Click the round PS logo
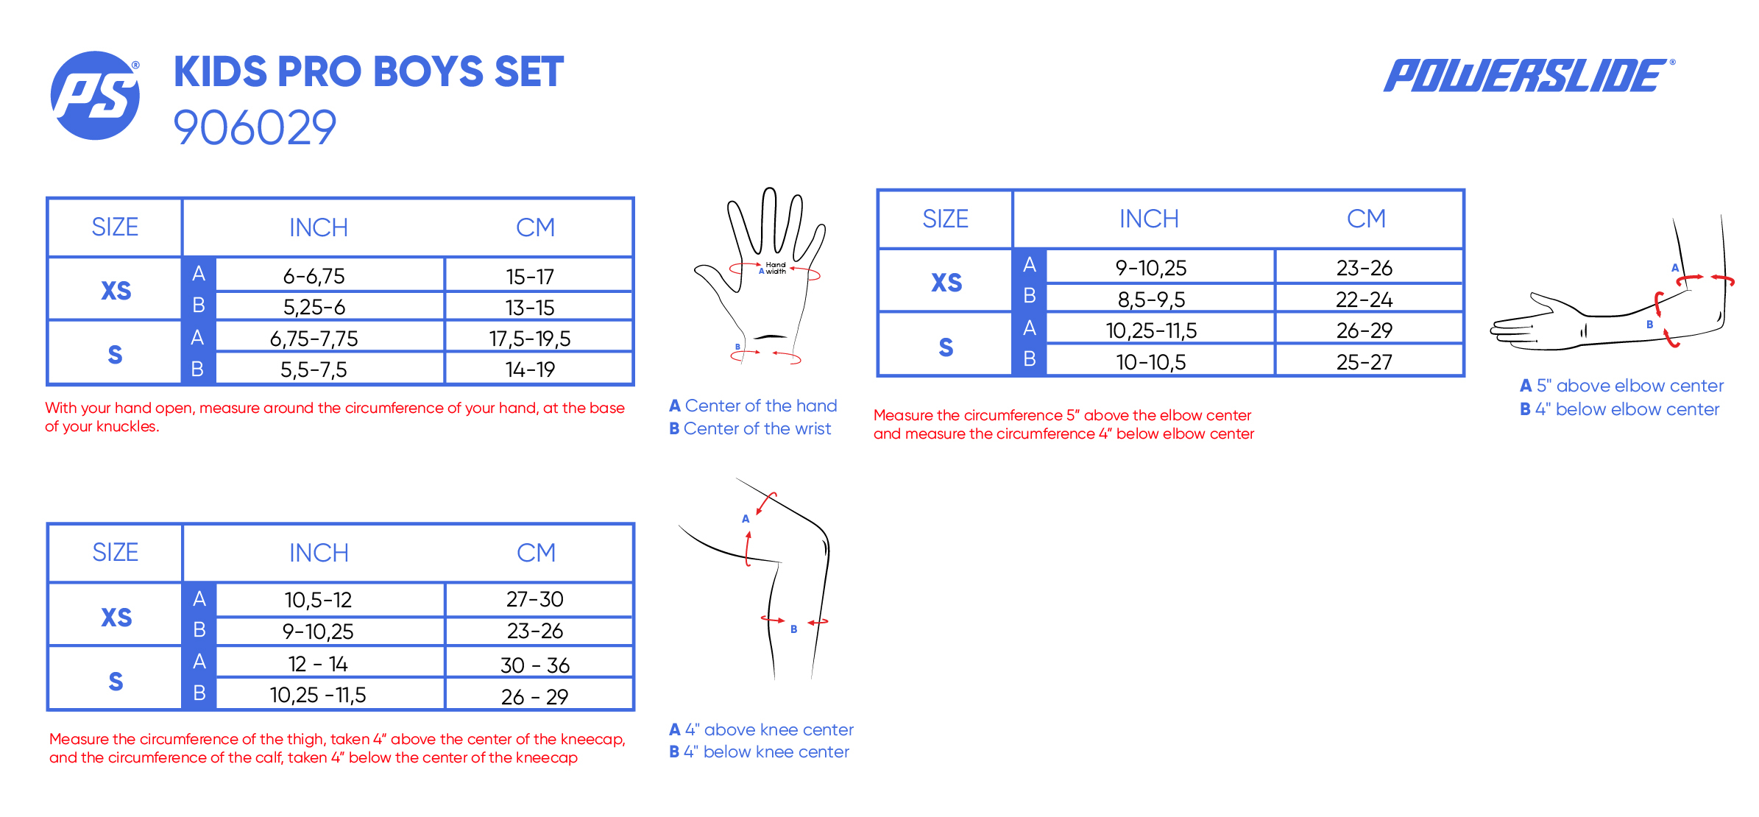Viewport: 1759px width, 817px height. tap(95, 96)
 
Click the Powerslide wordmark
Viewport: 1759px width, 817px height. tap(1529, 75)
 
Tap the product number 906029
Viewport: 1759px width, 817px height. tap(255, 127)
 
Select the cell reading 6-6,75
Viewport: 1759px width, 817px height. tap(314, 276)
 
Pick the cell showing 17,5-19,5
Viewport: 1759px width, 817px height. tap(530, 339)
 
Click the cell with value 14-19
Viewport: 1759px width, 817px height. tap(530, 369)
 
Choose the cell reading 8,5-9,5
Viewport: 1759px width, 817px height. tap(1151, 300)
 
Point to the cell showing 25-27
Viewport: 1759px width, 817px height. tap(1365, 362)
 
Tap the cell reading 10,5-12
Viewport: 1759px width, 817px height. tap(318, 600)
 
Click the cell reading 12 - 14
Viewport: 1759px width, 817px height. tap(318, 664)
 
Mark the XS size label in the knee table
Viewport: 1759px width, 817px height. tap(116, 618)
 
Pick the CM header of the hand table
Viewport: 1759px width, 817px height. tap(535, 227)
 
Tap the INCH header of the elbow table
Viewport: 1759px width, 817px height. tap(1149, 219)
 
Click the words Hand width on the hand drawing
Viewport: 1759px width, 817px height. tap(776, 268)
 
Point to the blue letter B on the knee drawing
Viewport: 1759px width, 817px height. tap(794, 629)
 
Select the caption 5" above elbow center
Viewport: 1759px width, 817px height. tap(1629, 386)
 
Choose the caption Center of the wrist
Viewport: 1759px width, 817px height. tap(757, 428)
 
